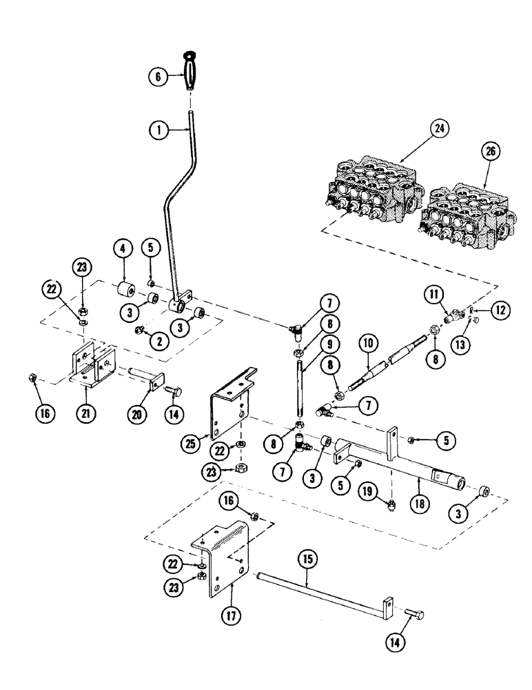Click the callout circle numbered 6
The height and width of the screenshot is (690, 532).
coord(157,78)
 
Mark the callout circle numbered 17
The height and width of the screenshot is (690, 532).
coord(231,611)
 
